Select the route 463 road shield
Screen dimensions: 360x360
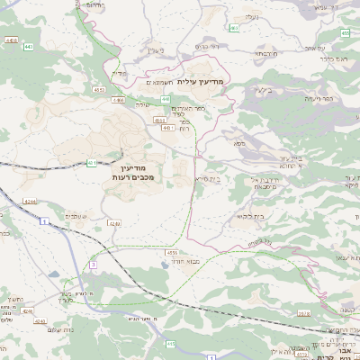(233, 28)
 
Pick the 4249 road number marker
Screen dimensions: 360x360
(113, 222)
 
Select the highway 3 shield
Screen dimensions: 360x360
(93, 264)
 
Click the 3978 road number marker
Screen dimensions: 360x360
(328, 313)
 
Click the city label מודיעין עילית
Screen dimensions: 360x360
(206, 83)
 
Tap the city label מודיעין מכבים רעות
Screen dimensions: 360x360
(138, 174)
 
